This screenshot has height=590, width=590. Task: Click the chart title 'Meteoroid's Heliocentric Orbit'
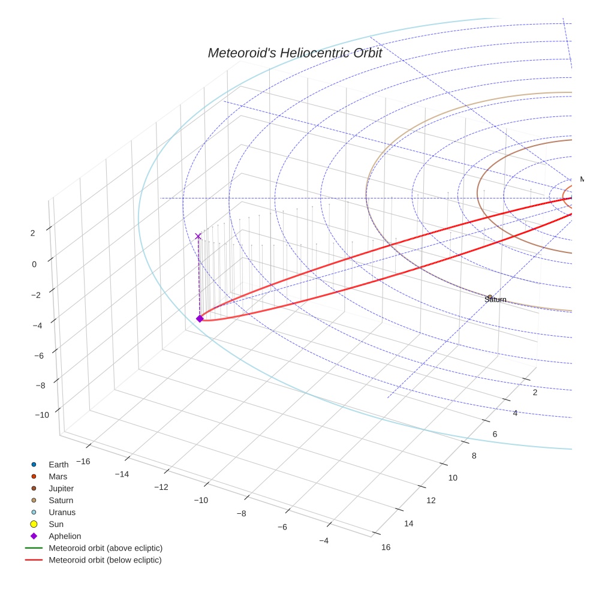click(294, 53)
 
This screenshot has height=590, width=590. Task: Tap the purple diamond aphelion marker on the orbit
click(200, 318)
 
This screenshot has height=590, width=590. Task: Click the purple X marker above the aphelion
click(198, 236)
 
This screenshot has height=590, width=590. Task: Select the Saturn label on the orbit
click(495, 299)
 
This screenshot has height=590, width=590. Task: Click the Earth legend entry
click(58, 464)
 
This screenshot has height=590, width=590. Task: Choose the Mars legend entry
click(58, 476)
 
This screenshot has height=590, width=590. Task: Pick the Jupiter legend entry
click(61, 488)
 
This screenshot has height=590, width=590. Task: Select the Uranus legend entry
click(62, 512)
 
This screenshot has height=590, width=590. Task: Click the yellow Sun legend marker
click(34, 524)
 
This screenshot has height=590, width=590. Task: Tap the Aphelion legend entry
click(64, 536)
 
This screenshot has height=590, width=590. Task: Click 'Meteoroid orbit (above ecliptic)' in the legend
click(105, 548)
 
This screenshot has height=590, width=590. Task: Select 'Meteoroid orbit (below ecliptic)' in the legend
click(105, 560)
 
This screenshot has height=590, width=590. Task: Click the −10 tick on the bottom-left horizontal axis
click(200, 500)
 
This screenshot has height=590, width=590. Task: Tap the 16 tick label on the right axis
click(386, 547)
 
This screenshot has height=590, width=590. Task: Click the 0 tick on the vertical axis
click(34, 264)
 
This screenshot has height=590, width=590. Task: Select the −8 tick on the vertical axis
click(41, 386)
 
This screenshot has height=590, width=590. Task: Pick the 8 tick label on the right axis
click(474, 456)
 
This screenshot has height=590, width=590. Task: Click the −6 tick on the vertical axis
click(39, 356)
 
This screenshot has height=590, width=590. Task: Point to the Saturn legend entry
click(61, 500)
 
